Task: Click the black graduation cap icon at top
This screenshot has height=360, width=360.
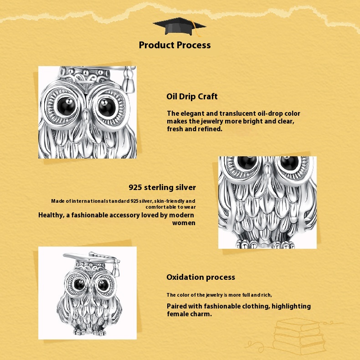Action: tap(179, 26)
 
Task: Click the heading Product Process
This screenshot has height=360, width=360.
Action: tap(175, 45)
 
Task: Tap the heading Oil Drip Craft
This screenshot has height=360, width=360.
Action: tap(192, 97)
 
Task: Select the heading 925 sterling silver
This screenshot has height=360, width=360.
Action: tap(162, 187)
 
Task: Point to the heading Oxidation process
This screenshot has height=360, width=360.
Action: tap(201, 277)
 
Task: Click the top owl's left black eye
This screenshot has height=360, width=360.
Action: tap(67, 106)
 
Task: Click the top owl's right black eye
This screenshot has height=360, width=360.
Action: tap(107, 107)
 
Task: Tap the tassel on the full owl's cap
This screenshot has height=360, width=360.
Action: tap(116, 268)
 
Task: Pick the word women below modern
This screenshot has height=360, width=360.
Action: tap(184, 223)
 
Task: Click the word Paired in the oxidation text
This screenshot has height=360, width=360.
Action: tap(176, 306)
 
